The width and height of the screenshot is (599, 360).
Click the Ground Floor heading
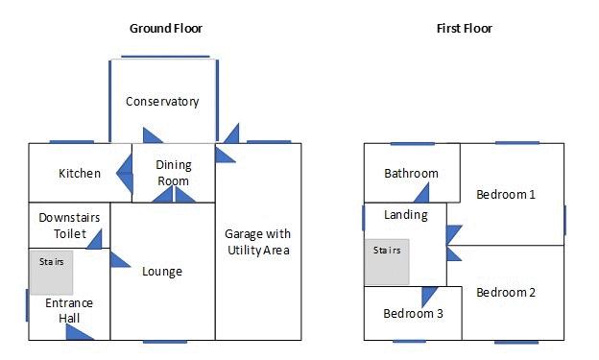coord(166,28)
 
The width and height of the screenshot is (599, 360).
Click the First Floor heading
coord(465,28)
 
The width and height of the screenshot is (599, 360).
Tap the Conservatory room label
coord(162,102)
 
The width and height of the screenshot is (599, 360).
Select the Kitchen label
coord(80,173)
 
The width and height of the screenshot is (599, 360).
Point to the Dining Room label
coord(174,173)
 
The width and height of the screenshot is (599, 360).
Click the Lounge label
coord(162,272)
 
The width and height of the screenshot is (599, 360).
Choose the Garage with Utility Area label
coord(258,242)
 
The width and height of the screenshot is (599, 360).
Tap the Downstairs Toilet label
coord(69,226)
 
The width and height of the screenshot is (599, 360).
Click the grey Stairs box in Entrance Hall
coord(52,273)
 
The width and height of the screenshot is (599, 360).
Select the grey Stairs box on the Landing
coord(387,262)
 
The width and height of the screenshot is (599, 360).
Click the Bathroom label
coord(411,174)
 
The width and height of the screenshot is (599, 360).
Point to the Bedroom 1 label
coord(506,195)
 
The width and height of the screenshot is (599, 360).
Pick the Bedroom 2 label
coord(506,293)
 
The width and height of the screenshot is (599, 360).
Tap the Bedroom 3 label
coord(413,314)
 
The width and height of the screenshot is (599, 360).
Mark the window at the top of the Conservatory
coord(165,57)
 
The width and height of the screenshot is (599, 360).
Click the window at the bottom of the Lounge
coord(165,342)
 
